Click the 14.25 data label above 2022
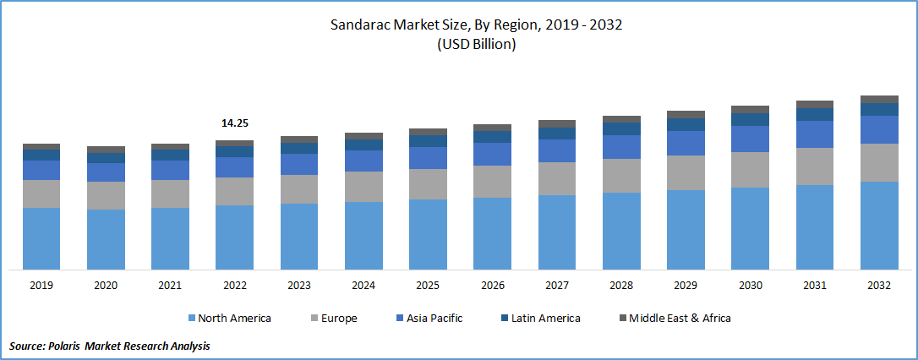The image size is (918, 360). tap(234, 123)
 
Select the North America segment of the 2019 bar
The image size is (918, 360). tap(41, 238)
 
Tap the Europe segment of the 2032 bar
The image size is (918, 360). tap(879, 162)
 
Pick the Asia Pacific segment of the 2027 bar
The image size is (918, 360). tap(557, 150)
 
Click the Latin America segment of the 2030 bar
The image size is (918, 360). tap(750, 119)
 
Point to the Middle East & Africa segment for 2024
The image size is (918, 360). tap(363, 136)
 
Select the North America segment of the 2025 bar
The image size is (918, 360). tap(428, 234)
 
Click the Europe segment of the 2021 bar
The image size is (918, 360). tap(170, 194)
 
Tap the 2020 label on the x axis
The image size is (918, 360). tap(106, 286)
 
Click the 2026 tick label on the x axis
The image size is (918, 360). tap(492, 286)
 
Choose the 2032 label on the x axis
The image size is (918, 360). tap(879, 286)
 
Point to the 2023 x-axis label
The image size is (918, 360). tap(298, 286)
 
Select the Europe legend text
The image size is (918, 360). tap(338, 319)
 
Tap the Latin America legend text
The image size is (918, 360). tap(544, 319)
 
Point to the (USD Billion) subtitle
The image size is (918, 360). tap(476, 45)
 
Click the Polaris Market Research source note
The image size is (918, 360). tap(109, 346)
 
